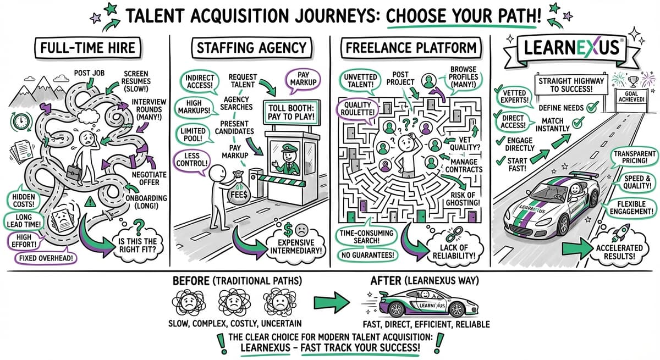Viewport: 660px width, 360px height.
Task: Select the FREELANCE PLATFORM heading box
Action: [x=411, y=48]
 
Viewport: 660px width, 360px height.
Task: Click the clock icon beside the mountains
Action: [x=21, y=121]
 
